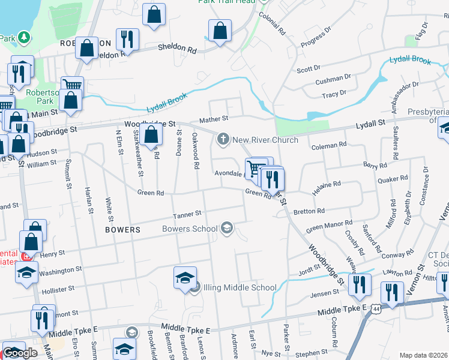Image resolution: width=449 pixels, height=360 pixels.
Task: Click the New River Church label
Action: point(265,140)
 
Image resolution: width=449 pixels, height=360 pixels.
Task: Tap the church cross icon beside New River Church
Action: point(223,140)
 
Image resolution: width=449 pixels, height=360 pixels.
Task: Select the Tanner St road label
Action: point(186,214)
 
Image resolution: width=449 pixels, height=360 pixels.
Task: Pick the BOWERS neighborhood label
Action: point(122,230)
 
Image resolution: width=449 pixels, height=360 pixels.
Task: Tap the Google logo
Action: point(20,353)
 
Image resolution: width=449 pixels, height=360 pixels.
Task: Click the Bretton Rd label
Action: point(309,211)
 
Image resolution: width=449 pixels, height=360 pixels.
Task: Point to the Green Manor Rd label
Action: point(327,227)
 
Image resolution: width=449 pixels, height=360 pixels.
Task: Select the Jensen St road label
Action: point(325,293)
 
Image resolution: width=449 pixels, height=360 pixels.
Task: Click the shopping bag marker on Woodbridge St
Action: point(152,136)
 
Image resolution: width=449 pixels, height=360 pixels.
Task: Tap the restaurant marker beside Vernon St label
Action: point(392,293)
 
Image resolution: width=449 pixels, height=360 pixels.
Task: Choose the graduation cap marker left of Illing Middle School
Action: point(185,278)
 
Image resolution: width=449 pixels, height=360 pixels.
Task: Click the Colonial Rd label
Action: point(272,23)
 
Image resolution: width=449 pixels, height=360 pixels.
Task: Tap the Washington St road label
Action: point(61,271)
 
